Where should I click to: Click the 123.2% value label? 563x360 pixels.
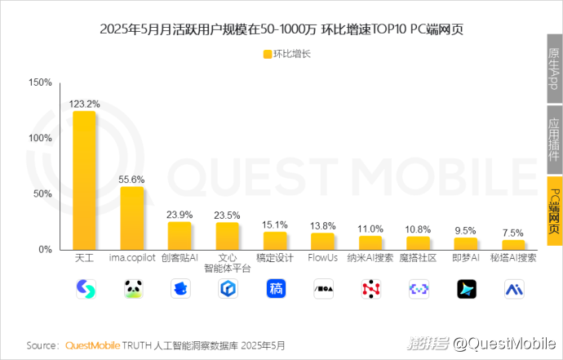click(84, 104)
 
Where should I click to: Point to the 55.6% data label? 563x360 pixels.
click(132, 179)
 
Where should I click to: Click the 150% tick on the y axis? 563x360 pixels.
click(40, 82)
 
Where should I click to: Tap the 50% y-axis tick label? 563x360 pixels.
click(42, 193)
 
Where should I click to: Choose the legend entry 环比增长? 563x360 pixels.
click(286, 55)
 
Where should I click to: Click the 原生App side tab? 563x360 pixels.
click(554, 69)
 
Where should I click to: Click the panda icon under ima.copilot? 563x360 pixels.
click(132, 288)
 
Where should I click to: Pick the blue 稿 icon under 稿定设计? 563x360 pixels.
click(276, 288)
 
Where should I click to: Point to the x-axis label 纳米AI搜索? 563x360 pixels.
click(370, 257)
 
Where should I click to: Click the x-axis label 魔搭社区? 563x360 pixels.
click(418, 257)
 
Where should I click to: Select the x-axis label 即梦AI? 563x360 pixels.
click(466, 257)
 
